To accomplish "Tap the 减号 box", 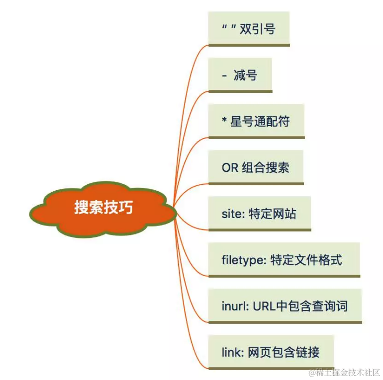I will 240,75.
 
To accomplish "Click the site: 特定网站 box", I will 259,214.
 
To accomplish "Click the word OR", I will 230,167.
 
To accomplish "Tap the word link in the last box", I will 231,352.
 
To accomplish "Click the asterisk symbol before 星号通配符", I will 224,121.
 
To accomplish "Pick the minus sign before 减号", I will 224,76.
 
